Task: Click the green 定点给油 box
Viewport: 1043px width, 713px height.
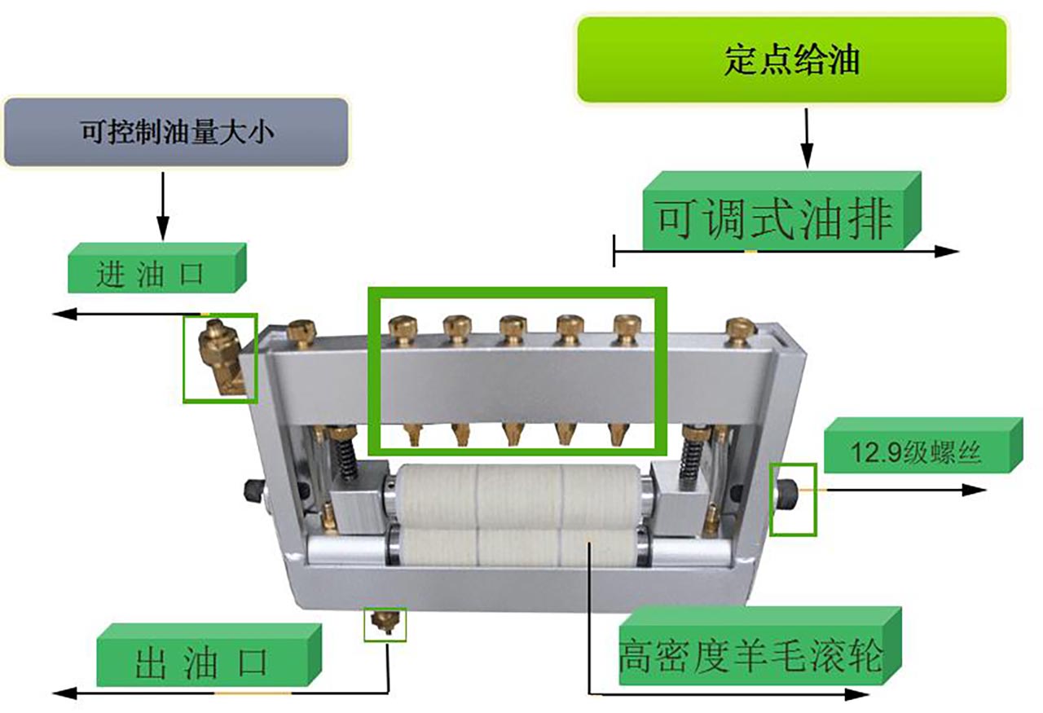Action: point(792,59)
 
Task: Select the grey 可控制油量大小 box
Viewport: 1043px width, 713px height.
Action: point(176,131)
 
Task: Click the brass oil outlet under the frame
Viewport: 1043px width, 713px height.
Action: point(385,623)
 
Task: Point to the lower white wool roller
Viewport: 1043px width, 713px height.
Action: point(518,548)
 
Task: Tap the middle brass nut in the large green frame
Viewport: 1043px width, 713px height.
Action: point(511,329)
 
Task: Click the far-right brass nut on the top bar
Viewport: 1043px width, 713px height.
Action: point(739,332)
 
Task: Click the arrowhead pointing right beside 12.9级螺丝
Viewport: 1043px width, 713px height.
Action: point(975,490)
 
